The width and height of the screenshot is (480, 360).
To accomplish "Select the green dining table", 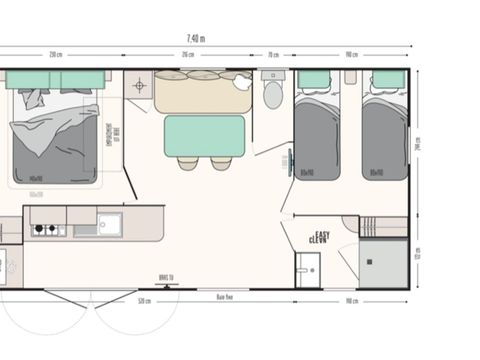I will tap(204, 135).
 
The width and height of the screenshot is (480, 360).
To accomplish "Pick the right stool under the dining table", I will tap(220, 163).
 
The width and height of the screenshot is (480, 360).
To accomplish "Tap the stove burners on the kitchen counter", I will tap(43, 229).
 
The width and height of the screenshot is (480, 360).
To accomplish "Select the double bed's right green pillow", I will tap(82, 80).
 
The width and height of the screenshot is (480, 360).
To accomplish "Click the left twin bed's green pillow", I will tap(315, 80).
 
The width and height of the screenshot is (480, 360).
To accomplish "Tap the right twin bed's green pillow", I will tap(388, 80).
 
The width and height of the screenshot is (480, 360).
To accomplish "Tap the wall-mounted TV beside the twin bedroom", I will tap(289, 160).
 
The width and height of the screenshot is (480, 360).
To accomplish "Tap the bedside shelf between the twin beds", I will tap(350, 77).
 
